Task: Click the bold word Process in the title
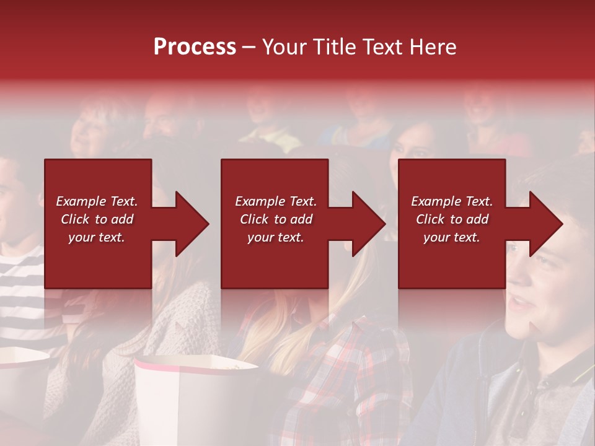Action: [x=195, y=47]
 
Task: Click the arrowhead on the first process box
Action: [x=192, y=224]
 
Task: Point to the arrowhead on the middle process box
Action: [x=369, y=224]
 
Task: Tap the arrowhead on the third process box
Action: [x=546, y=224]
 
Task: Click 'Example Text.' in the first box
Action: [x=97, y=201]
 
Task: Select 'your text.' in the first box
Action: [x=97, y=237]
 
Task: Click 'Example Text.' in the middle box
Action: [x=276, y=201]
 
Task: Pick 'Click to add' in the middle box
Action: [x=276, y=219]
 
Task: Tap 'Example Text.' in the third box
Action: [x=452, y=201]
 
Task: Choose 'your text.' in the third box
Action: [x=452, y=237]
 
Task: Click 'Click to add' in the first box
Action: [x=97, y=219]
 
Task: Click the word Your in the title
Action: [x=283, y=47]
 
